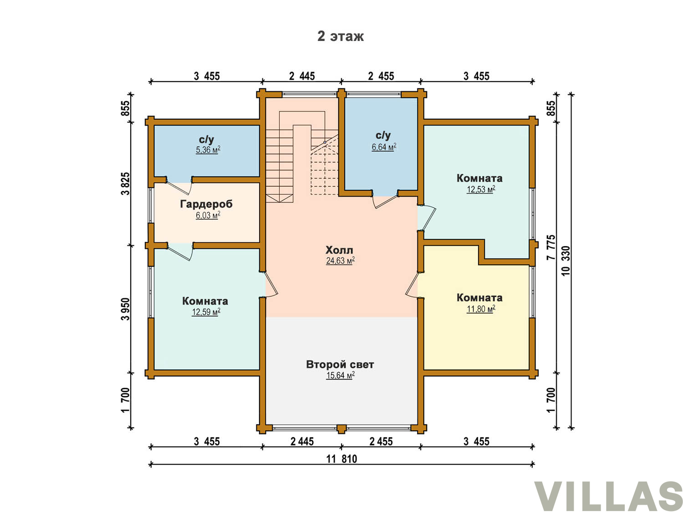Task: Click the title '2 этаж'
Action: [340, 36]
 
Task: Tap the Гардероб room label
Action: [206, 204]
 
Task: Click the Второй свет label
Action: [340, 365]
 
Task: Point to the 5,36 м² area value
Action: [208, 150]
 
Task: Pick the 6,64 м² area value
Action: [384, 147]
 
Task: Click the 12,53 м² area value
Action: [480, 189]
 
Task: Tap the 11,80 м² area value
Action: [480, 309]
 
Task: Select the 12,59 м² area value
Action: [206, 312]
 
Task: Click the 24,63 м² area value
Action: [340, 260]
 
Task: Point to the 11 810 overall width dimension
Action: [341, 459]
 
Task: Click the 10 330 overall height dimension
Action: [566, 260]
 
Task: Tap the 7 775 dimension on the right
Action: [551, 247]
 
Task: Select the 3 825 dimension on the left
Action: [125, 183]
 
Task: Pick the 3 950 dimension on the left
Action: [125, 309]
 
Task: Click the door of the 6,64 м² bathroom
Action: [386, 202]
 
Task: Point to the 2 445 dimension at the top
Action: [302, 76]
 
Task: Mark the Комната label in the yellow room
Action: [479, 298]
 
